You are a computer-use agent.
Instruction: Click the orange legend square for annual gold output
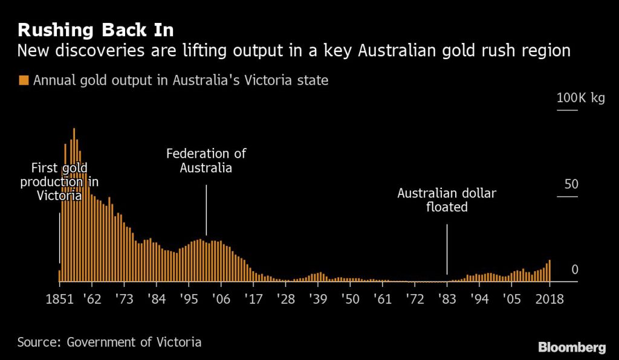tap(24, 80)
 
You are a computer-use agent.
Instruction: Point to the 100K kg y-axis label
tap(580, 98)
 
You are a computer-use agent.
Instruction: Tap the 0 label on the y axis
tap(575, 269)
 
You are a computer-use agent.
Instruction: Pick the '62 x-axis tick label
tap(92, 299)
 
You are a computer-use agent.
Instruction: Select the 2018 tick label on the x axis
tap(549, 299)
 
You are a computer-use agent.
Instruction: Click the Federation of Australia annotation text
tap(206, 161)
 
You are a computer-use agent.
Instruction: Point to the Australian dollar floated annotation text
tap(447, 201)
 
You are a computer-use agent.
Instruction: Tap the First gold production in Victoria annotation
tap(59, 181)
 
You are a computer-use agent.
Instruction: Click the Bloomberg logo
tap(572, 347)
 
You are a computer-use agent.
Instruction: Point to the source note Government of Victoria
tap(109, 342)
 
